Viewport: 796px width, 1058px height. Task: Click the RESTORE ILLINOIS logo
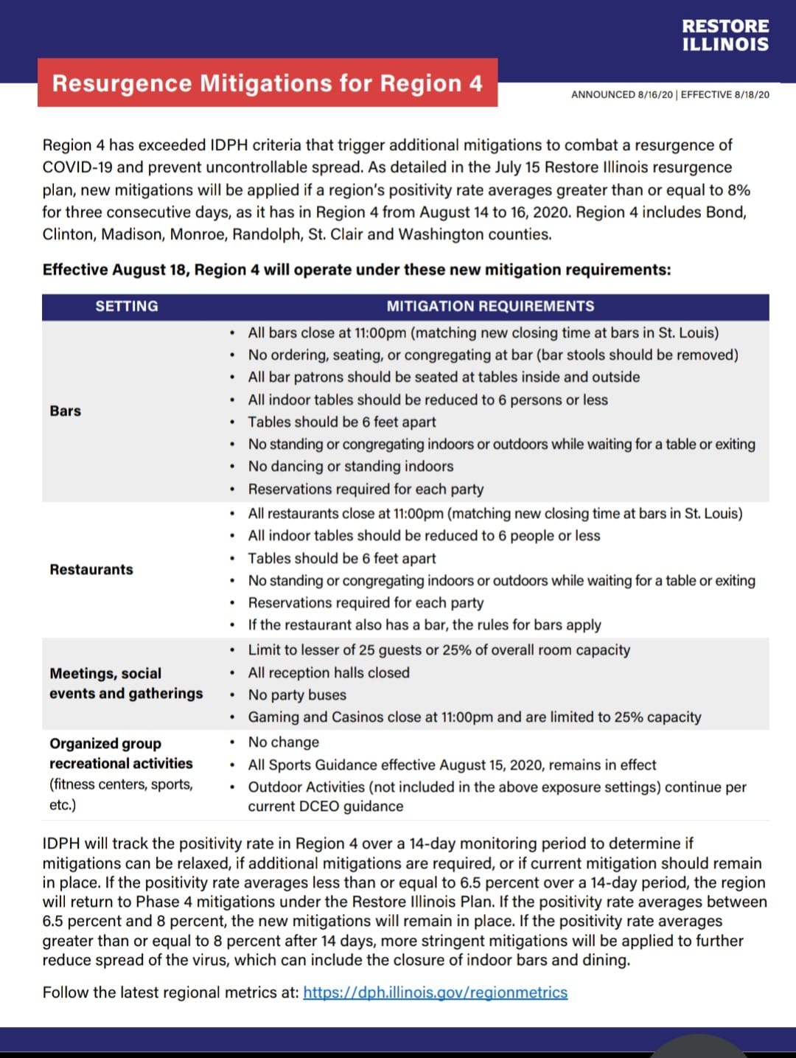coord(725,35)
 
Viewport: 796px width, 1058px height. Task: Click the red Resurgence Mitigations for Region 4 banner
coord(267,83)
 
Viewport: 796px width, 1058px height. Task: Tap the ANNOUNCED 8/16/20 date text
coord(621,94)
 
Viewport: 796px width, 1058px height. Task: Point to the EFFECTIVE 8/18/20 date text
coord(725,94)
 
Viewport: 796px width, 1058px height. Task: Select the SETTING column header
coord(127,306)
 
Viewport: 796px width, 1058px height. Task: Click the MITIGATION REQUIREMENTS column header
coord(490,306)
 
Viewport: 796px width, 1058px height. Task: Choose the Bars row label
coord(66,411)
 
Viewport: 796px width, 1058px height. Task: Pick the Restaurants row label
coord(91,569)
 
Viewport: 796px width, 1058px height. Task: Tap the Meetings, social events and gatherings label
coord(126,683)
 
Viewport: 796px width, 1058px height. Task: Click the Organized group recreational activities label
coord(121,754)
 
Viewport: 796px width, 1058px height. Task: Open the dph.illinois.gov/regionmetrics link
coord(435,992)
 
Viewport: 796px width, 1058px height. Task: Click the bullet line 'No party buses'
coord(297,695)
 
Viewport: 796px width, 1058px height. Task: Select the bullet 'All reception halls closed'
coord(329,672)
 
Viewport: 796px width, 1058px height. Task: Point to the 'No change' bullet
coord(284,742)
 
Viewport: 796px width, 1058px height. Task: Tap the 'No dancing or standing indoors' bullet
coord(351,466)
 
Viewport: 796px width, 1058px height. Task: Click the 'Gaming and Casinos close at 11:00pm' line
coord(475,717)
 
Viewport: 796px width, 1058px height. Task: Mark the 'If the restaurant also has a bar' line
coord(425,624)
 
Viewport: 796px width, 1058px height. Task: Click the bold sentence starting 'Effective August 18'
coord(357,270)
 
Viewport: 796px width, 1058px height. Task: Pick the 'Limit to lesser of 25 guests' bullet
coord(439,650)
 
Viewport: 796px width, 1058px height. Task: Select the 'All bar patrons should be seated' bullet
coord(444,377)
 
